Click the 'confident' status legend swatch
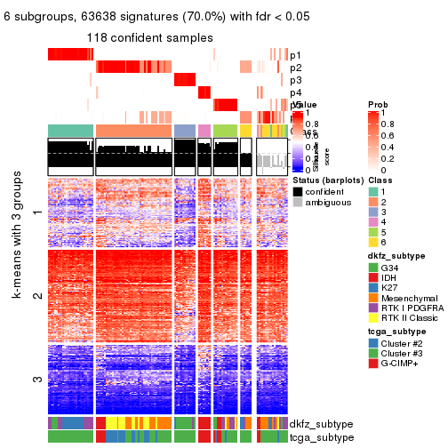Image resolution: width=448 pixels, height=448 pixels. pos(299,192)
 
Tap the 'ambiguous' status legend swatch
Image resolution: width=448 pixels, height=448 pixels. pos(299,204)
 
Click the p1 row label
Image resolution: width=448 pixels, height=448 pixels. pos(295,55)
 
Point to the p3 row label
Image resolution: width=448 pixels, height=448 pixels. pos(295,80)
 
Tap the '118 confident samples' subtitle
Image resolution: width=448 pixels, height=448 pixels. pos(149,37)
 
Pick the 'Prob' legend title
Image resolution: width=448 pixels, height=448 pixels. pos(378,105)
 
